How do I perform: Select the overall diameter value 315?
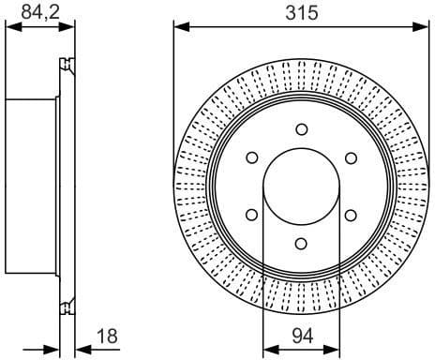point(301,12)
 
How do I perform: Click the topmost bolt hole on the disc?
point(301,129)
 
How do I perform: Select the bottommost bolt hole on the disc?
point(301,244)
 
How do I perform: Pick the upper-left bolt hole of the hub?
point(251,157)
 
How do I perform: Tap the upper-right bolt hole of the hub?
point(351,157)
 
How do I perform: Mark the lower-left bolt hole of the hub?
point(251,216)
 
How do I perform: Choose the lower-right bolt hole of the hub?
point(351,216)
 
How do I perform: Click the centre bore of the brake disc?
point(301,187)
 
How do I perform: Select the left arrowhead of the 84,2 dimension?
point(9,27)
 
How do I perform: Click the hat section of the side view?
point(33,187)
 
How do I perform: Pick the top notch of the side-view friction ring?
point(66,65)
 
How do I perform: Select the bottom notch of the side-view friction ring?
point(66,307)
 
